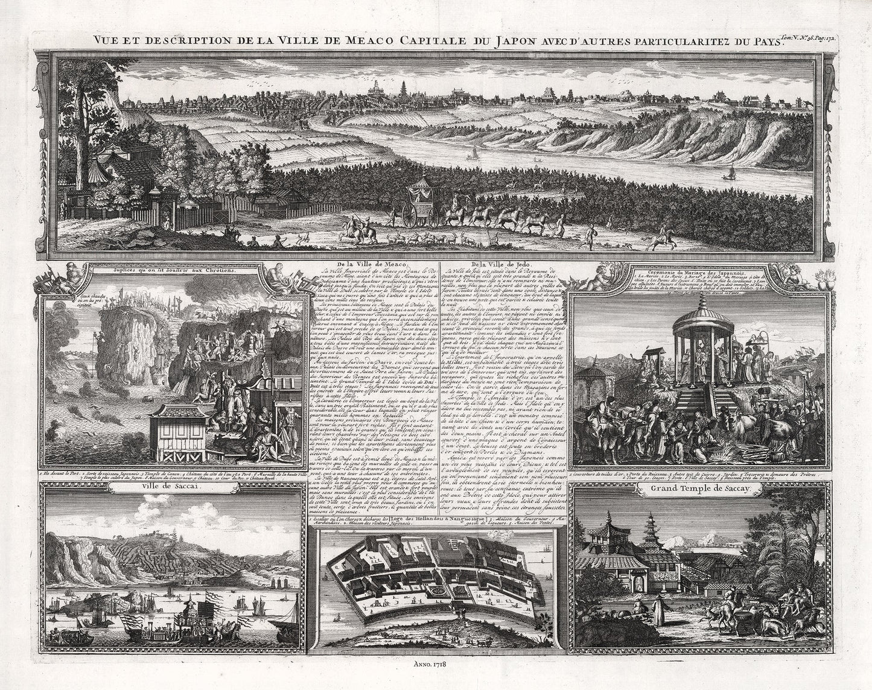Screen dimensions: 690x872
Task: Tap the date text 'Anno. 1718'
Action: pos(436,665)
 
